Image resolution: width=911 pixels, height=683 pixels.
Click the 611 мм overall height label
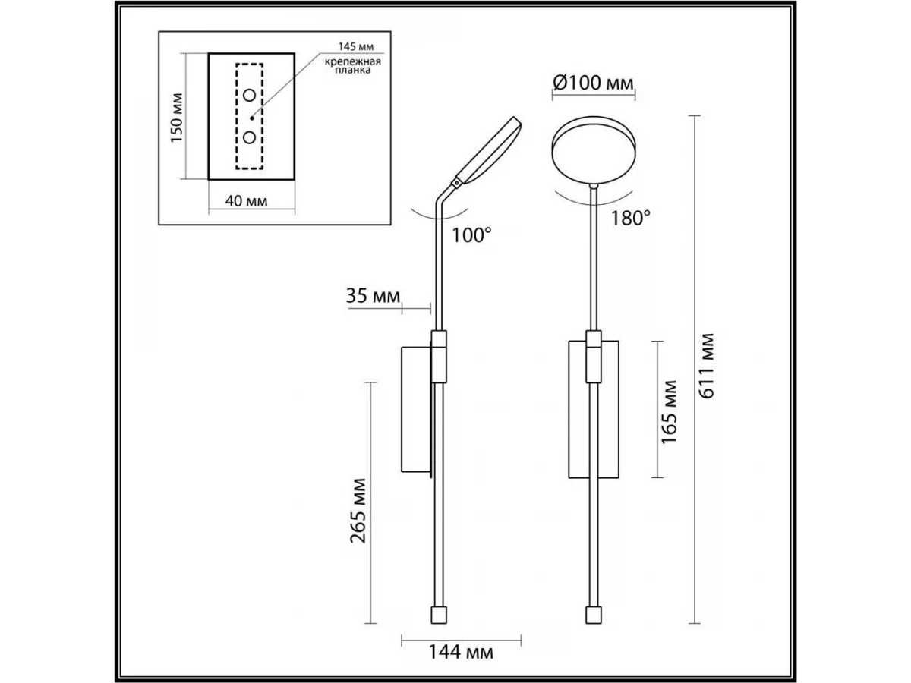(x=706, y=365)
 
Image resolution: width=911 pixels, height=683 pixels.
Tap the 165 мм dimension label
(x=669, y=412)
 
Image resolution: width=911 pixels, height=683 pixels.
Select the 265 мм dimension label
(x=358, y=511)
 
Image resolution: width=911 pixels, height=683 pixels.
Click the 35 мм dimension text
(x=373, y=296)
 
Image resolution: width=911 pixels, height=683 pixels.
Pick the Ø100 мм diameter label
(x=593, y=83)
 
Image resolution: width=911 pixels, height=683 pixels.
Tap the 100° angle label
(x=471, y=235)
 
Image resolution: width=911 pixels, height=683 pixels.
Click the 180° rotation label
(x=630, y=218)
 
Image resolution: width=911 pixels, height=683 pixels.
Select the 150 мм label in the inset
(x=176, y=118)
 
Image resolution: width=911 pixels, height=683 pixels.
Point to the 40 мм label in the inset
(x=246, y=201)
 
